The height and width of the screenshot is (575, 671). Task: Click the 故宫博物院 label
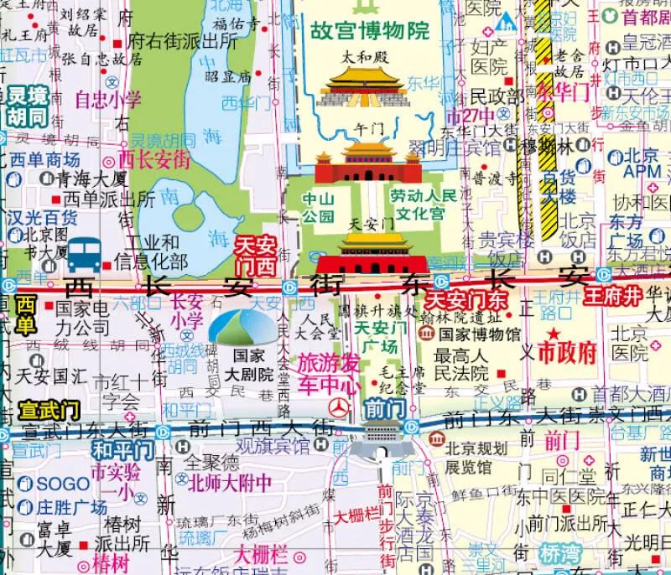click(x=370, y=32)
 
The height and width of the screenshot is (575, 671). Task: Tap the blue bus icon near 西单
click(x=83, y=253)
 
